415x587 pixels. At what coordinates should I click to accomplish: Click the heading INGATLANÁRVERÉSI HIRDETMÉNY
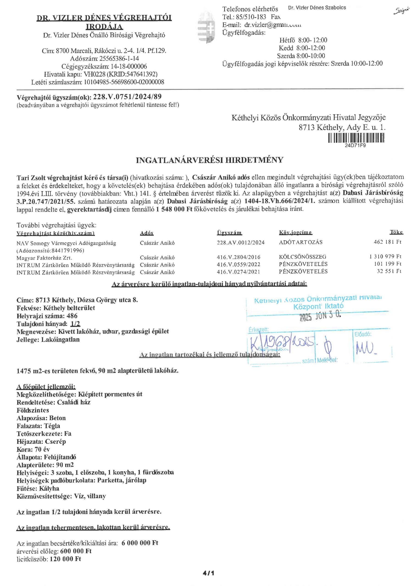click(210, 160)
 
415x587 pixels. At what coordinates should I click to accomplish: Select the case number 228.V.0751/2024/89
click(127, 97)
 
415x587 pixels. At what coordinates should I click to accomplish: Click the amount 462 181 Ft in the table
click(388, 242)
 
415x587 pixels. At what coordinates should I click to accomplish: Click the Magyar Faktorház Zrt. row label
click(44, 258)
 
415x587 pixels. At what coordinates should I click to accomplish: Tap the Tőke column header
click(396, 233)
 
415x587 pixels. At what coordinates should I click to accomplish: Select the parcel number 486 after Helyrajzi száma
click(72, 316)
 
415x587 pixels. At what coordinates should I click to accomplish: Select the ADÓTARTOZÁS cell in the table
click(301, 242)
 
